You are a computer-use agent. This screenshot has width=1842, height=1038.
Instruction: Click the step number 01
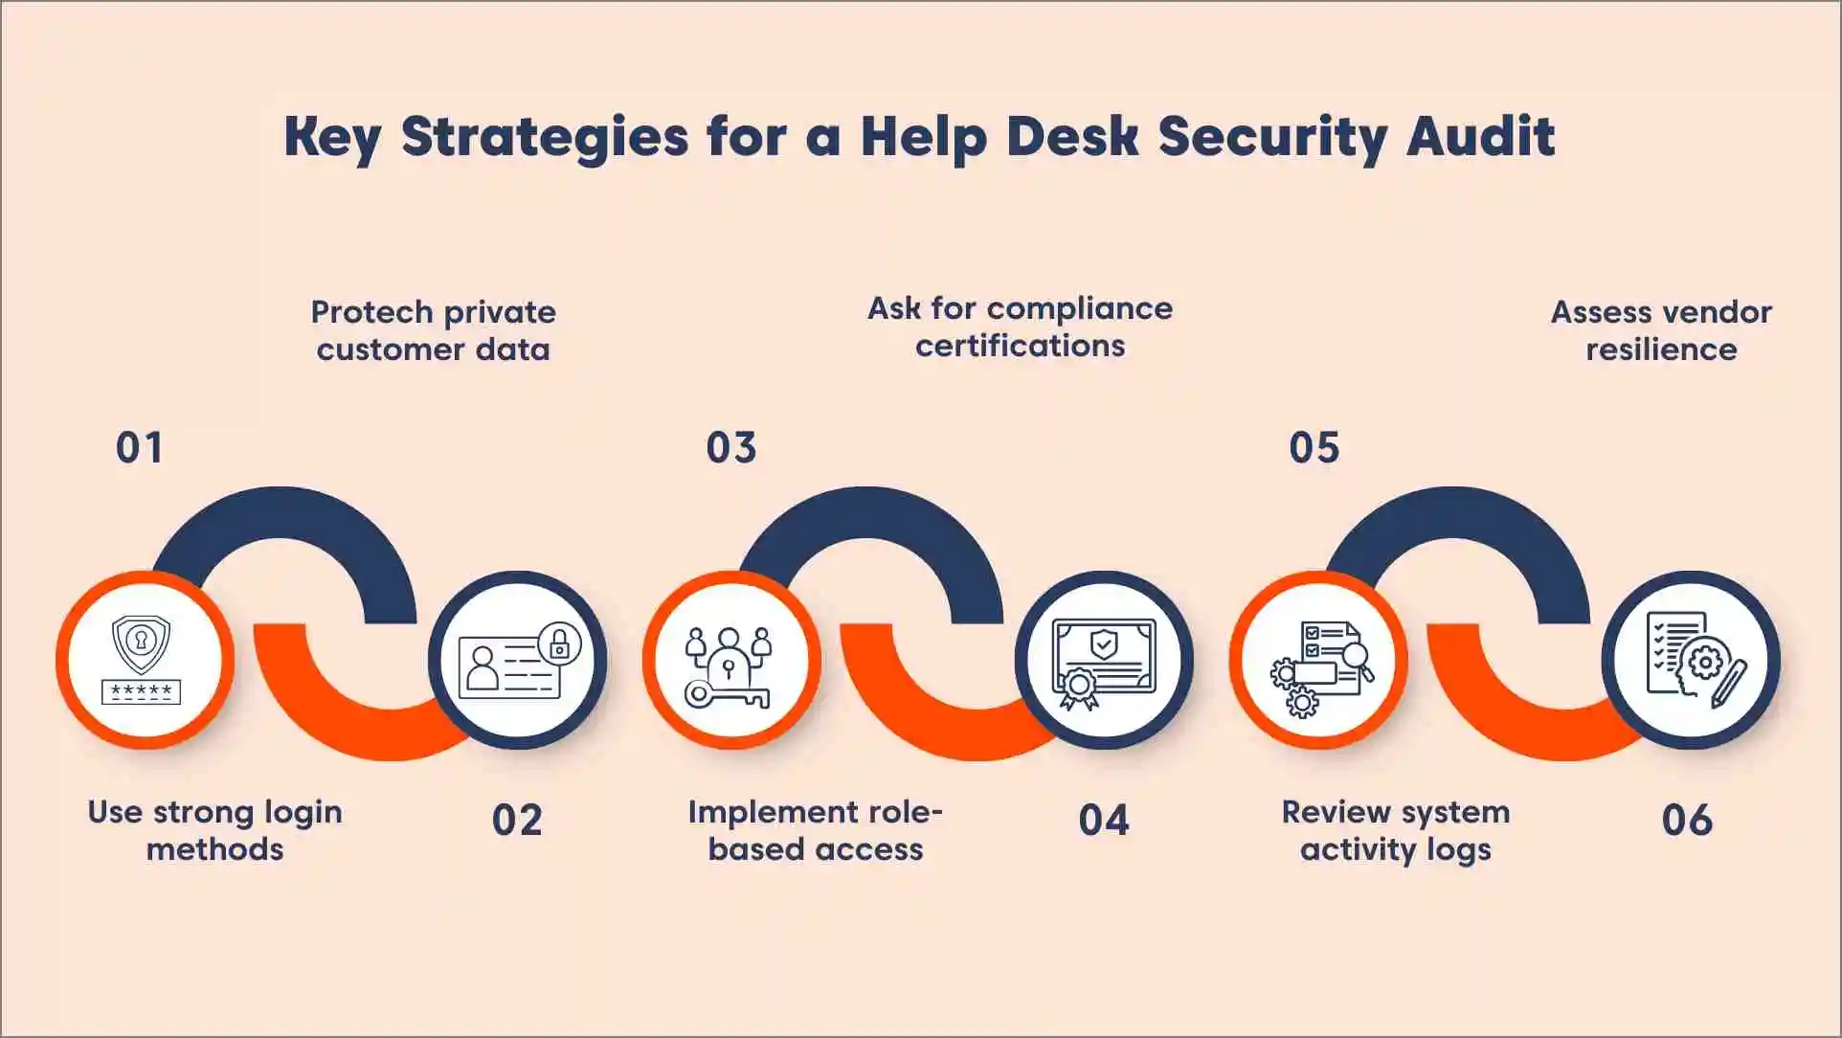[x=140, y=448]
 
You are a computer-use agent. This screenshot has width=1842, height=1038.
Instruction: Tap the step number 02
[x=517, y=821]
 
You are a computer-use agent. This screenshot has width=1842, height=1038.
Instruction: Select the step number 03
[x=731, y=448]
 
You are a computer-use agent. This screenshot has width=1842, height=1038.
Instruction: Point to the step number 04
[x=1104, y=821]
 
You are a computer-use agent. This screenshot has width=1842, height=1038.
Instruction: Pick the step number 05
[x=1314, y=448]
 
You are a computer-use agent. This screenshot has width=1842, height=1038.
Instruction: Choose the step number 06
[x=1687, y=821]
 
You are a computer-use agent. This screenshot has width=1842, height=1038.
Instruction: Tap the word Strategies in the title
[x=544, y=136]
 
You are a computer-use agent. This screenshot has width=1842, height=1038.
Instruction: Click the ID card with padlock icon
[x=518, y=660]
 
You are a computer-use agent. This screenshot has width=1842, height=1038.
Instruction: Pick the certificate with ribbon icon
[x=1104, y=660]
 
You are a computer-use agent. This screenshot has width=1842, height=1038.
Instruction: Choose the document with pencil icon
[x=1692, y=660]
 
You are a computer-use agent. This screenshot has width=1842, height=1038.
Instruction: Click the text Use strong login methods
[x=214, y=830]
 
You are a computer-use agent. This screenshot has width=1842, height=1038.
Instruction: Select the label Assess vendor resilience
[x=1661, y=330]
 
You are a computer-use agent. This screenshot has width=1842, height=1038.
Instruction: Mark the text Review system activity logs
[x=1396, y=830]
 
